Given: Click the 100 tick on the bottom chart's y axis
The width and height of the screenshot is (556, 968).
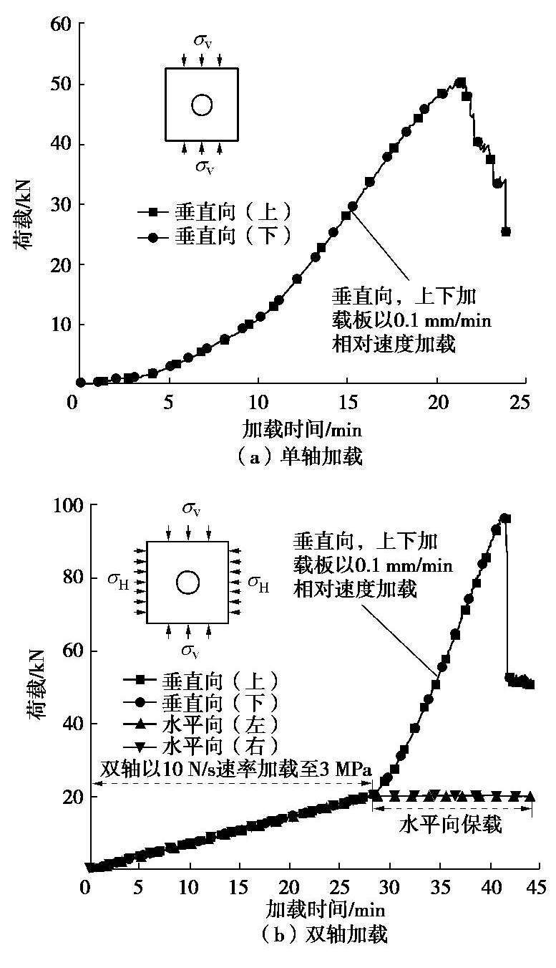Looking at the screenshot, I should pyautogui.click(x=62, y=505).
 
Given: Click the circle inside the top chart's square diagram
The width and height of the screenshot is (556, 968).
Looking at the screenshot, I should pyautogui.click(x=202, y=105).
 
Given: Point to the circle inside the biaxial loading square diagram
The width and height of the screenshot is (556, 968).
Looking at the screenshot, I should pyautogui.click(x=187, y=583).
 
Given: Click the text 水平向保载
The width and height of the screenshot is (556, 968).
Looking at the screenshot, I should pyautogui.click(x=450, y=825).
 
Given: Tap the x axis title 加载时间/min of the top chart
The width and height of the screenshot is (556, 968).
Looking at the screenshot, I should pyautogui.click(x=301, y=430).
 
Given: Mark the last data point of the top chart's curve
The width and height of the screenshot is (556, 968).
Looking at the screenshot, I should pyautogui.click(x=505, y=231).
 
